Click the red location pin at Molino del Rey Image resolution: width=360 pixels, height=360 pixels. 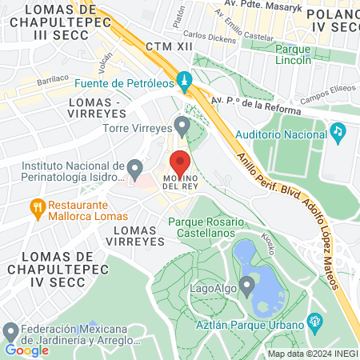180,161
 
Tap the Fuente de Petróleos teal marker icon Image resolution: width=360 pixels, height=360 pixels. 185,82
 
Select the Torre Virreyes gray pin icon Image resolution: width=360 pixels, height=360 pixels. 183,126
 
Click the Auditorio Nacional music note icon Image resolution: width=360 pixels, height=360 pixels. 338,130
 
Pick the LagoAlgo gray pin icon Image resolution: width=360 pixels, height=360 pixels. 247,284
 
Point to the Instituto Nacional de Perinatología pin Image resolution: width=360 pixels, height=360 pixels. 134,170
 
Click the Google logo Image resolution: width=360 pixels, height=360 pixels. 26,350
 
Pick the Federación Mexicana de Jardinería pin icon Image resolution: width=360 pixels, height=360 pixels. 10,331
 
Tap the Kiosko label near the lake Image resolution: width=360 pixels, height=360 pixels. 270,241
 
